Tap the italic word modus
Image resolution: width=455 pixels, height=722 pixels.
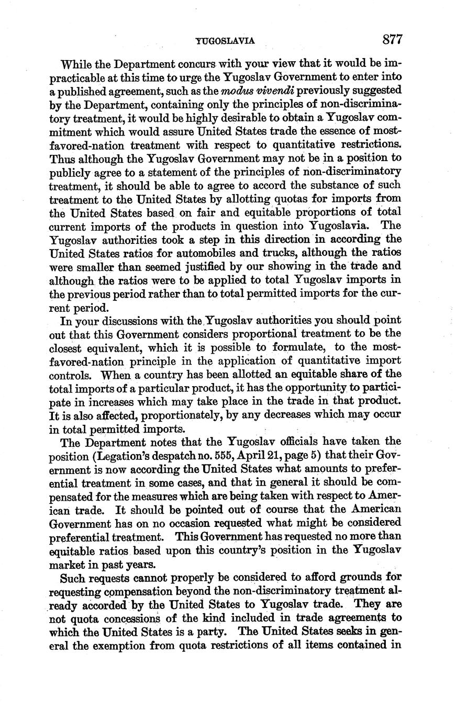click(x=248, y=90)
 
